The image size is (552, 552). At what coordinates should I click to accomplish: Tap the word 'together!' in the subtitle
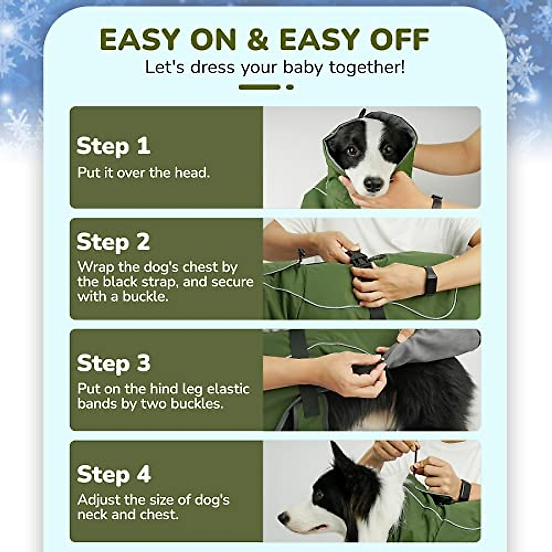point(367,67)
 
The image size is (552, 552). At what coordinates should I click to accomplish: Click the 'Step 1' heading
point(113,146)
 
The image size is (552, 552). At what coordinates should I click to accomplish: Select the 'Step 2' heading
point(113,242)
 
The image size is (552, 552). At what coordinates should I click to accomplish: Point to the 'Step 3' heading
point(113,363)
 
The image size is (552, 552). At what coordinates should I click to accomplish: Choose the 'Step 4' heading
point(114,474)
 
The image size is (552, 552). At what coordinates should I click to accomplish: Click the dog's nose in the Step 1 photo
point(373,185)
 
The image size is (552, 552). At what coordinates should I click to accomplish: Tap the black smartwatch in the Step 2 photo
point(430,280)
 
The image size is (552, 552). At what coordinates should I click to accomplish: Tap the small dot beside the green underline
point(290,86)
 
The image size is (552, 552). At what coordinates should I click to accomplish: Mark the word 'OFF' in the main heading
point(400,40)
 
